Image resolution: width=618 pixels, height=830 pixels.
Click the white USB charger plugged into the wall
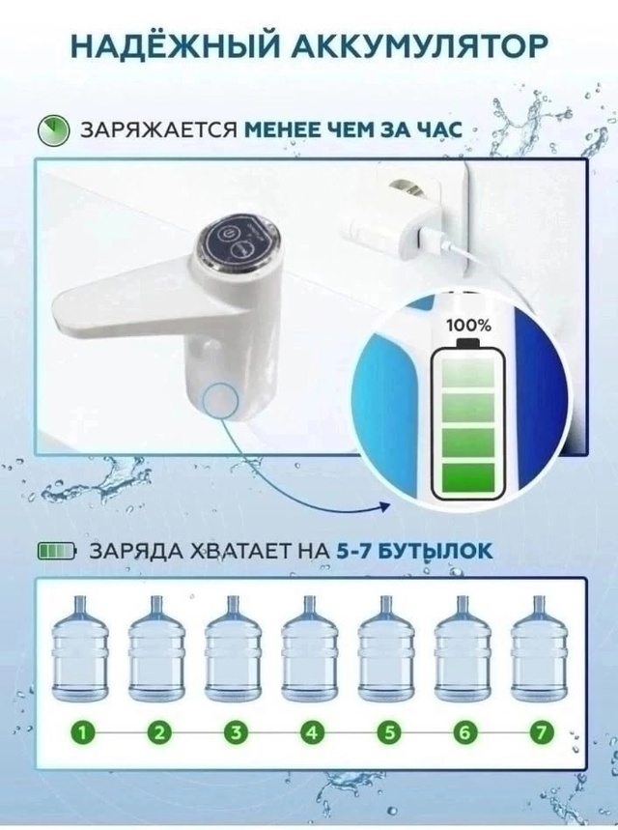coord(377,223)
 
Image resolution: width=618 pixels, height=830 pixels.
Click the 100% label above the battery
coord(469,326)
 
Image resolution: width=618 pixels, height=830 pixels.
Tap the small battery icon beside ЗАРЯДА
coord(56,552)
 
